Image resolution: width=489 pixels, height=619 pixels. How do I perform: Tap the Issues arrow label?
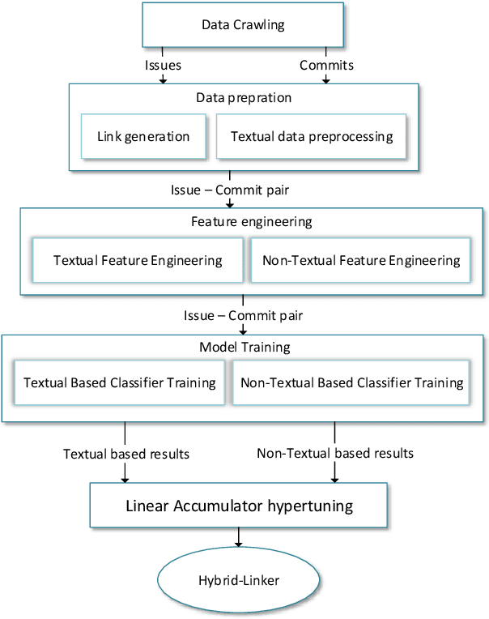click(x=164, y=65)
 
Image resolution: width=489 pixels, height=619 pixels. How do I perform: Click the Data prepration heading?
click(x=244, y=97)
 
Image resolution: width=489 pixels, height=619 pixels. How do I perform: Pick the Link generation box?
click(x=143, y=136)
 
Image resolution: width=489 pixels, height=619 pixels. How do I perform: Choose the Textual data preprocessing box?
click(x=312, y=136)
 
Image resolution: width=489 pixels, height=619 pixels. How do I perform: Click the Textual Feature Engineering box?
click(x=138, y=260)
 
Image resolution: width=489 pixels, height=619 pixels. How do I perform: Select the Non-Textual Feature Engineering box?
click(x=361, y=260)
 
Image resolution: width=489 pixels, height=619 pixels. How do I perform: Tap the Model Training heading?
click(x=244, y=347)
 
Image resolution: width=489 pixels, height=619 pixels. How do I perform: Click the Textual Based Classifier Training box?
click(x=120, y=382)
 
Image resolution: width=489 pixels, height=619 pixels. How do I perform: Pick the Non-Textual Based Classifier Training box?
click(x=352, y=382)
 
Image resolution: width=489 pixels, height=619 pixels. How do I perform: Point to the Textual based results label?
click(x=126, y=454)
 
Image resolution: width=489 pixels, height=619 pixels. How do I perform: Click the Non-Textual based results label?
click(x=335, y=454)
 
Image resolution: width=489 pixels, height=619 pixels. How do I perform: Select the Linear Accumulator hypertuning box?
click(x=240, y=506)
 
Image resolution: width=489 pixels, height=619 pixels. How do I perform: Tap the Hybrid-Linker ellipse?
click(x=239, y=580)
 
